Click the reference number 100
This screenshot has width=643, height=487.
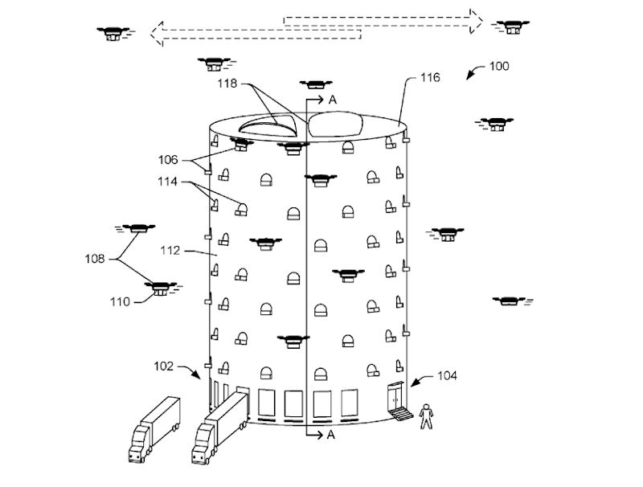coord(498,67)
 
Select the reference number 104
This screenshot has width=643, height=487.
coord(448,376)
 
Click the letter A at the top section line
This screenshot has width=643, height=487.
coord(332,100)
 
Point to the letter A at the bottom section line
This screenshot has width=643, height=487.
coord(330,435)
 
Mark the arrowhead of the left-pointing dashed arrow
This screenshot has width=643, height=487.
coord(158,33)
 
